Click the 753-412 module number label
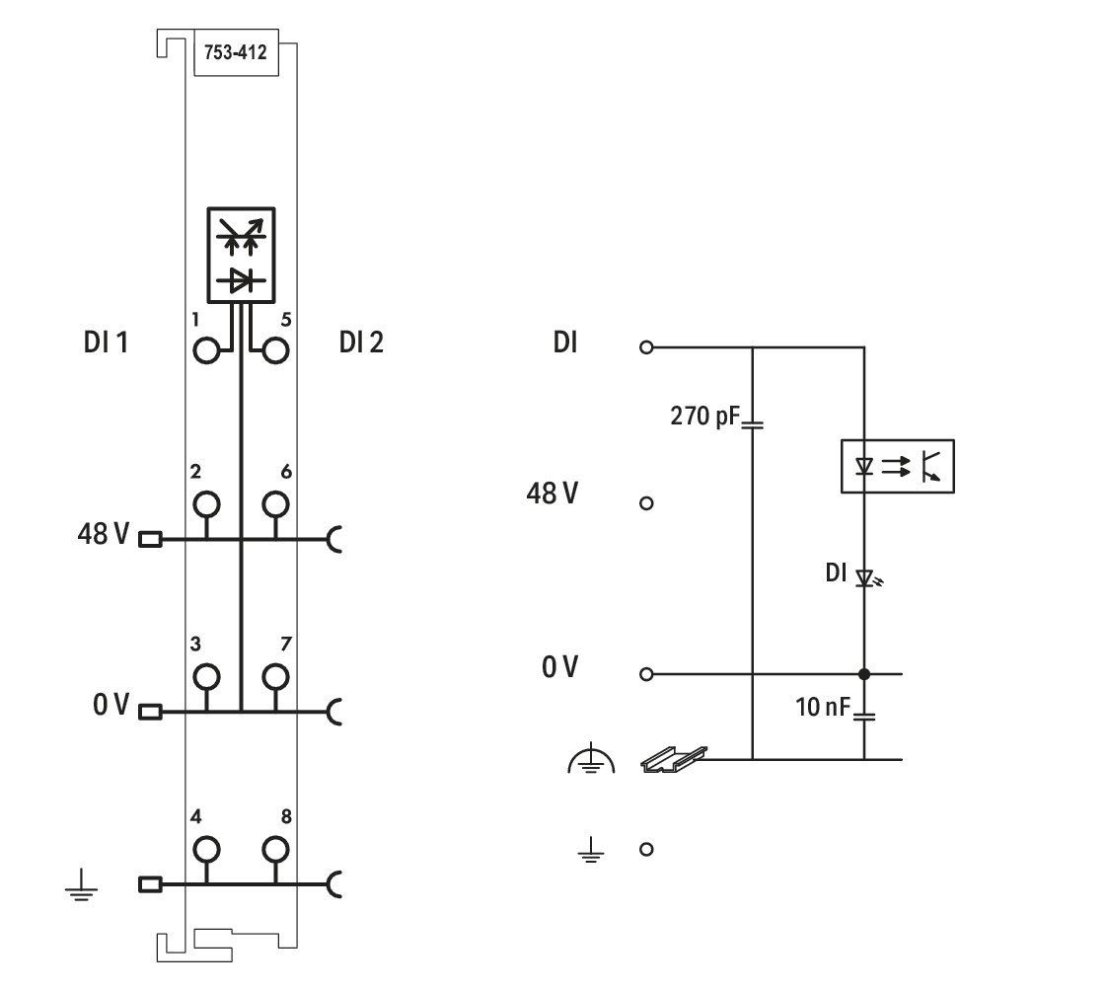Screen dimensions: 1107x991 pos(235,52)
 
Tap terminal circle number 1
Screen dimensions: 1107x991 pos(206,350)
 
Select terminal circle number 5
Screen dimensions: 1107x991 pos(275,350)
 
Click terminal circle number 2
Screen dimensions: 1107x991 pos(206,504)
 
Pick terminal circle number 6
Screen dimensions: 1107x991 pos(275,504)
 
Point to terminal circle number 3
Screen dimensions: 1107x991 pos(206,677)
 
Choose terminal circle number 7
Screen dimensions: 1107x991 pos(275,677)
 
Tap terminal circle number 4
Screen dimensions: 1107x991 pos(206,849)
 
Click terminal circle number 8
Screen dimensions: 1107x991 pos(275,849)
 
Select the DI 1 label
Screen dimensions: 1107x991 pos(106,343)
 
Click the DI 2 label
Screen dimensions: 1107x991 pos(361,343)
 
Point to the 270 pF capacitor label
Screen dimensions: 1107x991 pos(703,416)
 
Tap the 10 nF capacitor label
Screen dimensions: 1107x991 pos(823,707)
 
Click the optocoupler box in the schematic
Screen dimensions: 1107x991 pos(897,466)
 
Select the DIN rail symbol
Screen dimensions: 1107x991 pos(674,759)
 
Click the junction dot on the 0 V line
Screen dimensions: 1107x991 pos(864,674)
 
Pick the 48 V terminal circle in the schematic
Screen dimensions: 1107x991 pos(646,503)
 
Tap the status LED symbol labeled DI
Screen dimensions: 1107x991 pos(867,578)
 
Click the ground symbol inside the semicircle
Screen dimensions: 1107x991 pos(592,759)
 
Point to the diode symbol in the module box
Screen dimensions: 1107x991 pos(242,281)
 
